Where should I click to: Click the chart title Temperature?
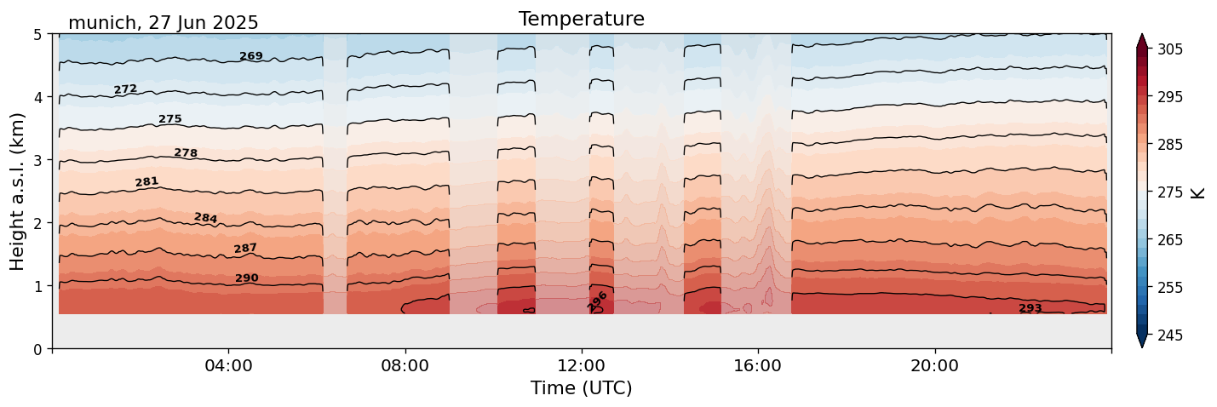[x=581, y=19]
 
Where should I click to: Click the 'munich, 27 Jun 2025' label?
[x=163, y=23]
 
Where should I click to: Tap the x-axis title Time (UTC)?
[x=581, y=388]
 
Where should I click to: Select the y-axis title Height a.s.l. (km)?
[x=18, y=192]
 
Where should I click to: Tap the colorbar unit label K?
[x=1198, y=192]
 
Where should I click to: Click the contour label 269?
[x=251, y=56]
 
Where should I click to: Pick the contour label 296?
[x=598, y=301]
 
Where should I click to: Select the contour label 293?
[x=1030, y=308]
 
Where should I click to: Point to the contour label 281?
[x=146, y=182]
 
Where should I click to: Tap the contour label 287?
[x=245, y=249]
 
